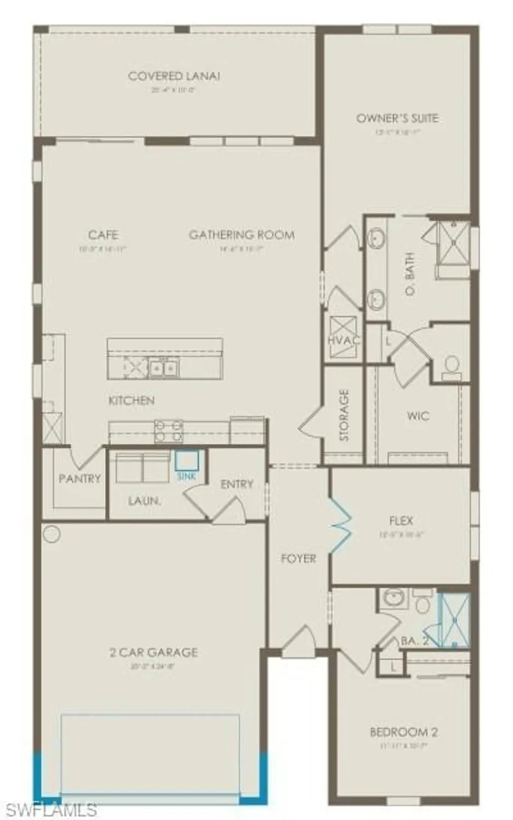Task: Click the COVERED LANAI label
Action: click(x=174, y=77)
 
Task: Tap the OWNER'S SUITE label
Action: click(x=397, y=118)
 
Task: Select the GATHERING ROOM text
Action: click(x=241, y=235)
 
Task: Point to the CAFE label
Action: click(x=103, y=235)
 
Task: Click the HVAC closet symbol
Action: click(x=343, y=338)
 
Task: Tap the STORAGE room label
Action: click(x=344, y=415)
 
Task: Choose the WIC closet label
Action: click(x=418, y=416)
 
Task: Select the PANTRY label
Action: click(x=80, y=479)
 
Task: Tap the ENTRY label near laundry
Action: click(x=237, y=484)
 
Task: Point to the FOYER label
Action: click(x=298, y=559)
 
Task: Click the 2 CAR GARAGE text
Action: click(x=154, y=652)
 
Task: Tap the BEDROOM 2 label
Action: click(x=404, y=732)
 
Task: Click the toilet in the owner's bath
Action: click(x=451, y=365)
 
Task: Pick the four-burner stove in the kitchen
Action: click(x=169, y=430)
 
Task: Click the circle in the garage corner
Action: click(x=51, y=534)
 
